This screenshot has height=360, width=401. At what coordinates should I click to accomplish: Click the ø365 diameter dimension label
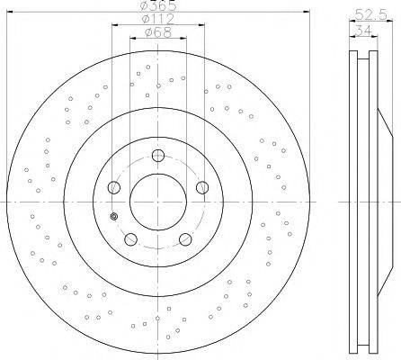pos(158,5)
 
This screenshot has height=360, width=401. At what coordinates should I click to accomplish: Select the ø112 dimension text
pos(158,19)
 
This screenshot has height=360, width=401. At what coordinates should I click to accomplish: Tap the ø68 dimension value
pos(158,32)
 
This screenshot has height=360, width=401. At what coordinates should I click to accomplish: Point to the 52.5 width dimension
pos(371,14)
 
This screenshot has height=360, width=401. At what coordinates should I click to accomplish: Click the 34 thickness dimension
pos(363,31)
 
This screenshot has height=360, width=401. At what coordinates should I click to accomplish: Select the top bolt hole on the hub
pos(158,156)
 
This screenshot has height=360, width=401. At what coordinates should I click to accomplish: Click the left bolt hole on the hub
pos(114,187)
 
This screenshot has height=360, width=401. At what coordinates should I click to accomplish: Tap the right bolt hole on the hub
pos(202,187)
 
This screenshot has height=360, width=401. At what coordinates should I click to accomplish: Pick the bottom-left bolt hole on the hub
pos(130,239)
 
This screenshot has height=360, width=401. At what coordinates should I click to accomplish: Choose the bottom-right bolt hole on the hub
pos(185,239)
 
